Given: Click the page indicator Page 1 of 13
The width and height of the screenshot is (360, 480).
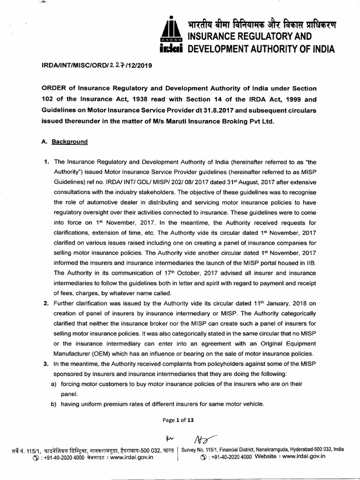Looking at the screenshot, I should [178, 420].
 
